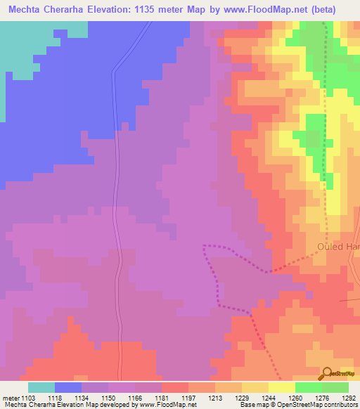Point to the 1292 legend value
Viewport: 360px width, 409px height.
pyautogui.click(x=349, y=397)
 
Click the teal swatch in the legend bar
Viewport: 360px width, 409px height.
pyautogui.click(x=41, y=387)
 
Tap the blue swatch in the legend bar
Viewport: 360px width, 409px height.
pyautogui.click(x=68, y=387)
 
